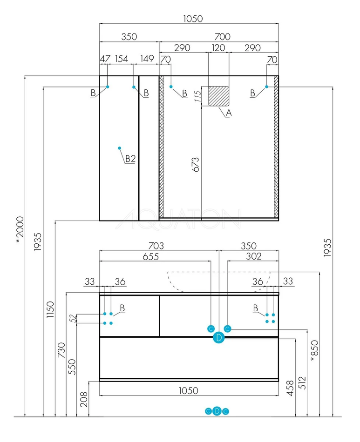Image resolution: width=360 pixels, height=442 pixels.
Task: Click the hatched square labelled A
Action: coord(218,96)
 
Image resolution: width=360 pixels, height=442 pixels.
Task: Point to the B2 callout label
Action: coord(130,159)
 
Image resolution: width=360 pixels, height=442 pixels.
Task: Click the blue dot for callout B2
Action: coord(120,148)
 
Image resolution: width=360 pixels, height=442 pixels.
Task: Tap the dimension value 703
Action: coord(157,245)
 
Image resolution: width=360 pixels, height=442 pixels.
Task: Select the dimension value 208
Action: coord(84,399)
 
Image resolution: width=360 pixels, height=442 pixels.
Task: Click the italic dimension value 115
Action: coord(197,97)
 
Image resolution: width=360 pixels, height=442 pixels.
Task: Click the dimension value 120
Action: coord(218,48)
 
